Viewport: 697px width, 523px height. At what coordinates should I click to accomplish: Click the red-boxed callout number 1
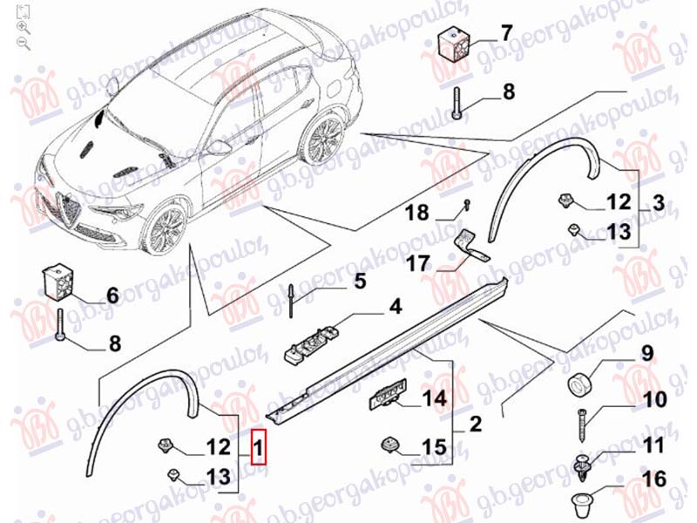click(258, 451)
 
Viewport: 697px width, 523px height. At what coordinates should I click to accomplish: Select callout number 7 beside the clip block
click(506, 35)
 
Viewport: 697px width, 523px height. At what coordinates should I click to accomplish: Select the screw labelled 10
click(583, 425)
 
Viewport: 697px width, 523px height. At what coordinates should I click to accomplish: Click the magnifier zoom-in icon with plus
click(23, 27)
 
